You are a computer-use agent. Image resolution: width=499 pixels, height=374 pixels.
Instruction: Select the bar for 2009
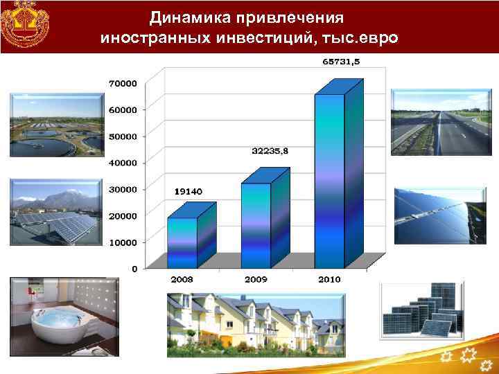[x=256, y=225]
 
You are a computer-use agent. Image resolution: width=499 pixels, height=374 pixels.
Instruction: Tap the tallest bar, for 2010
[x=329, y=180]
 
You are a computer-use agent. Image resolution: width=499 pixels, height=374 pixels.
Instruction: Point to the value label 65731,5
[x=341, y=62]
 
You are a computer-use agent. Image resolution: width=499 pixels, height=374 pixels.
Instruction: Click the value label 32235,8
[x=270, y=150]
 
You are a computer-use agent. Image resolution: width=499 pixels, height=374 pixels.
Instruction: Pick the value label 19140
[x=188, y=191]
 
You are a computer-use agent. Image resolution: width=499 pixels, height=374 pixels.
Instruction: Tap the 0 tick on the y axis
[x=133, y=268]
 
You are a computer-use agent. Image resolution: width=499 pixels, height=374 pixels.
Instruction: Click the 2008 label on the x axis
[x=182, y=278]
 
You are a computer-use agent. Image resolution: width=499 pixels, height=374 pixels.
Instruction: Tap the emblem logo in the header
[x=25, y=24]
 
